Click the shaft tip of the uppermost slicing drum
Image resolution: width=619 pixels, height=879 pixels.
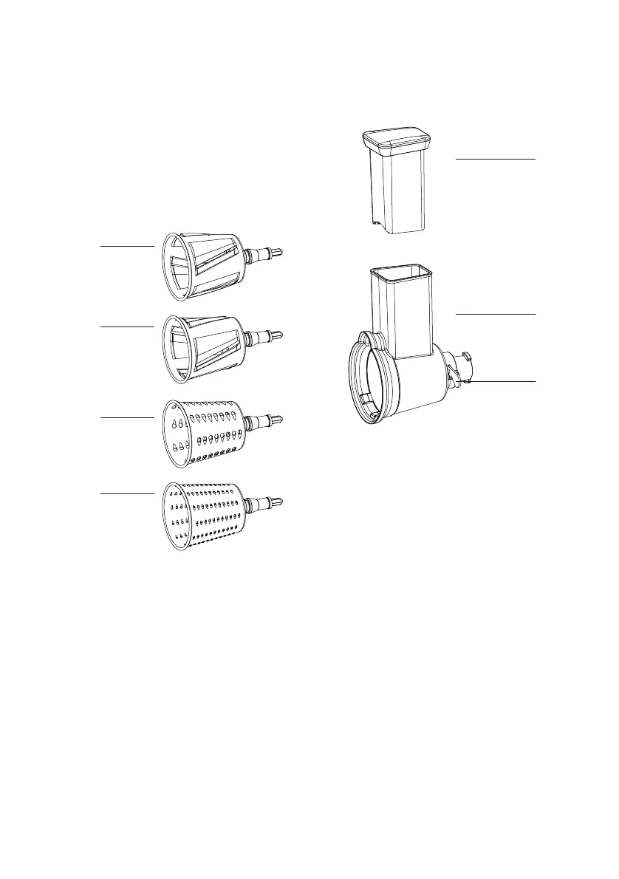click(278, 253)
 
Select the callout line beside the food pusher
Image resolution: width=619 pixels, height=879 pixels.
click(494, 159)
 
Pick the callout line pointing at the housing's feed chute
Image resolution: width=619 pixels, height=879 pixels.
click(494, 315)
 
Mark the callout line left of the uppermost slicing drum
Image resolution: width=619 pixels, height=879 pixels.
click(127, 245)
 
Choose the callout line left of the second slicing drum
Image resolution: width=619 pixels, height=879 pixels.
click(127, 325)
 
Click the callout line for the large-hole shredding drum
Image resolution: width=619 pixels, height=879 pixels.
click(127, 418)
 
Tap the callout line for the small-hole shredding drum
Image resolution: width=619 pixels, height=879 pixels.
click(127, 492)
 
